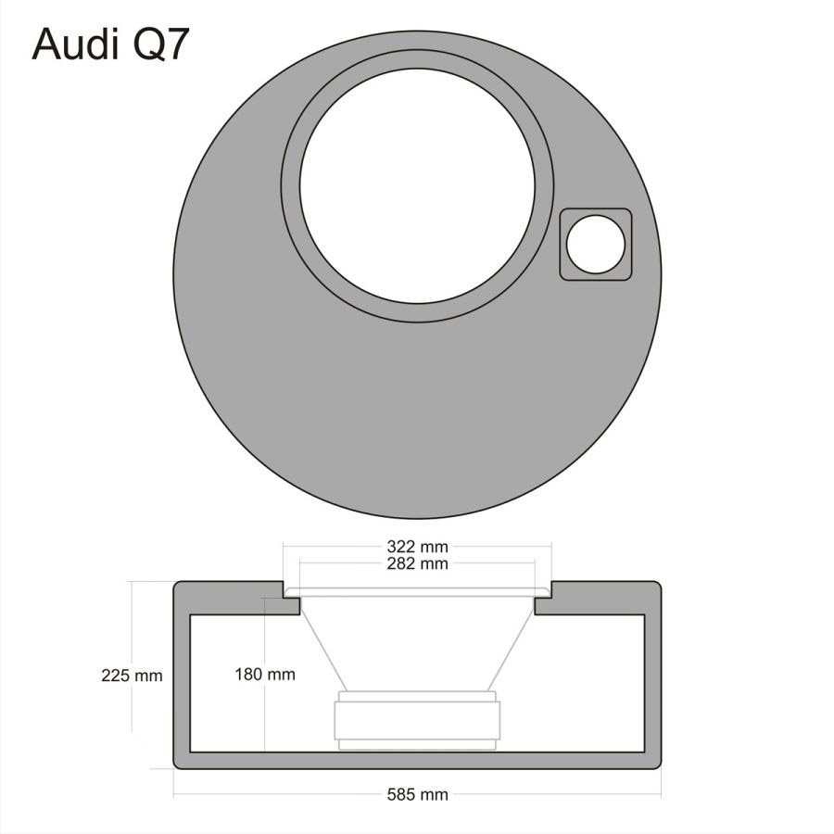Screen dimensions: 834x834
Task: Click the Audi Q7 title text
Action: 111,44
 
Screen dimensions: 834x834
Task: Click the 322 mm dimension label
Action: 417,547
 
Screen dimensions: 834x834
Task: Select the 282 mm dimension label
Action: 417,563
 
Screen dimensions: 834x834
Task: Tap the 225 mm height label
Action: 132,676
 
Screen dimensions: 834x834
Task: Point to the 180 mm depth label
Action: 265,675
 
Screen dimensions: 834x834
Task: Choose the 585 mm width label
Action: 417,795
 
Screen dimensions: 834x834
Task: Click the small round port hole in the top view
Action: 596,244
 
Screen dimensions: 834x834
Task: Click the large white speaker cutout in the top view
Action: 417,185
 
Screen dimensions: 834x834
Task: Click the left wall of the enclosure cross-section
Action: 182,686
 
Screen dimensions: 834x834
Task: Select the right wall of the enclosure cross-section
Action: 653,686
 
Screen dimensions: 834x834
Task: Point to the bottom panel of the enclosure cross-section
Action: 417,761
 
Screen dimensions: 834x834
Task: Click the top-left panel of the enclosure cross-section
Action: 232,598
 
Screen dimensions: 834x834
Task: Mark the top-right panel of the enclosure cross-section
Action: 602,598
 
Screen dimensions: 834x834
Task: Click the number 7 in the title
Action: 176,44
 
